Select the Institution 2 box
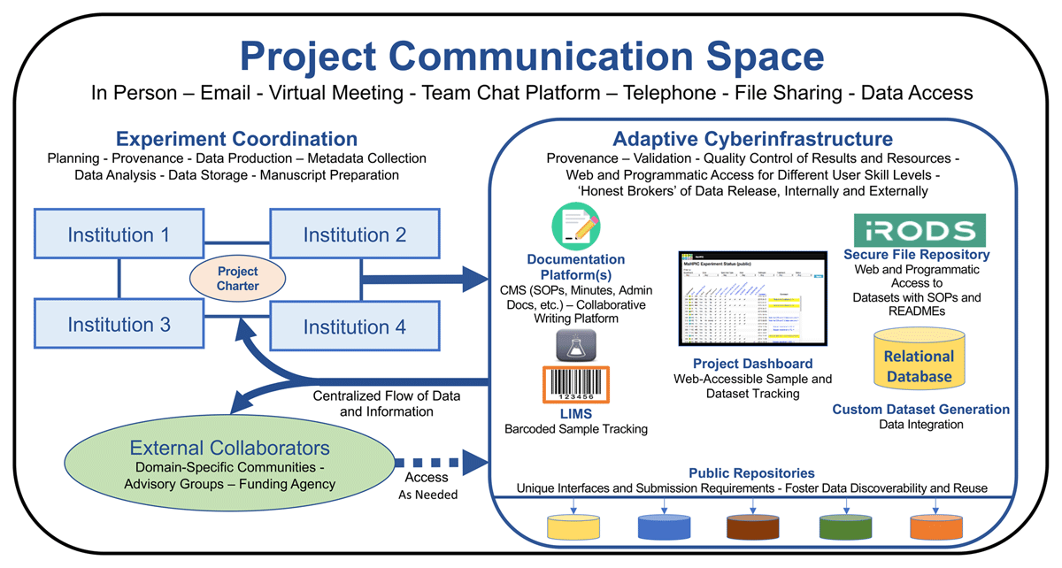point(354,234)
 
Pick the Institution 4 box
point(354,326)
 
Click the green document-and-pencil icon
point(575,226)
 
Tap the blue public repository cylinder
point(663,526)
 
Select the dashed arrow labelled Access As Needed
point(440,462)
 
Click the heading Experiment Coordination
point(237,139)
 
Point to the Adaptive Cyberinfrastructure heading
point(752,139)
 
